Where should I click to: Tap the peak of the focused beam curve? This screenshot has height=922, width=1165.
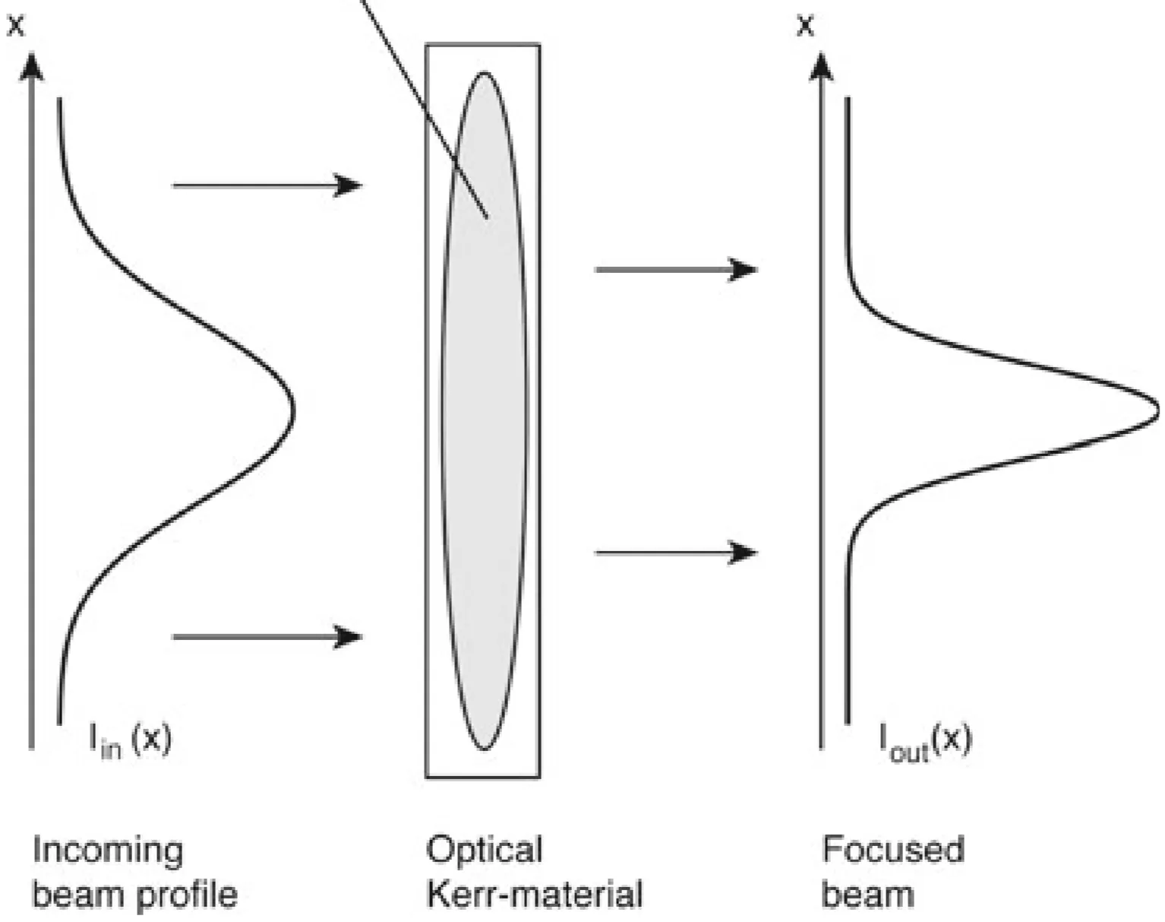coord(1157,411)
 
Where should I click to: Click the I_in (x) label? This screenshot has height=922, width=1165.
coord(131,740)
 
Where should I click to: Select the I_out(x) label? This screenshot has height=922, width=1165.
coord(925,740)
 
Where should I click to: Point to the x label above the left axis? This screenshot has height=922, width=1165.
coord(16,25)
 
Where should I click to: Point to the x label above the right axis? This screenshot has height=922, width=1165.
coord(805,25)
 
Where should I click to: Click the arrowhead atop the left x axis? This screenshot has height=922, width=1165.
coord(31,65)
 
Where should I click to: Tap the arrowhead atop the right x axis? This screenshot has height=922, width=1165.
coord(820,65)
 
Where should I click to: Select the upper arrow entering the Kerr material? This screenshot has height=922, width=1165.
coord(267,185)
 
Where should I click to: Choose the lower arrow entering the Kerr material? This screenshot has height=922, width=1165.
coord(267,636)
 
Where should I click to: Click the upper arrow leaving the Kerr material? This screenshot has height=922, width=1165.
coord(675,269)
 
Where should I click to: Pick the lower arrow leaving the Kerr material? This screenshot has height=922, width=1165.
coord(675,553)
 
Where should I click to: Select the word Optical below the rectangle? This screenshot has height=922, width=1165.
coord(484,850)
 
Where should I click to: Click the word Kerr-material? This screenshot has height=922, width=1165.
coord(534,894)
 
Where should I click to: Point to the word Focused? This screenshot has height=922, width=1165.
coord(893,850)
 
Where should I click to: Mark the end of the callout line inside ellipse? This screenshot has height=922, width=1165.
coord(486,217)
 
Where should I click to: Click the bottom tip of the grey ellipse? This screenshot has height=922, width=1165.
coord(484,749)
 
